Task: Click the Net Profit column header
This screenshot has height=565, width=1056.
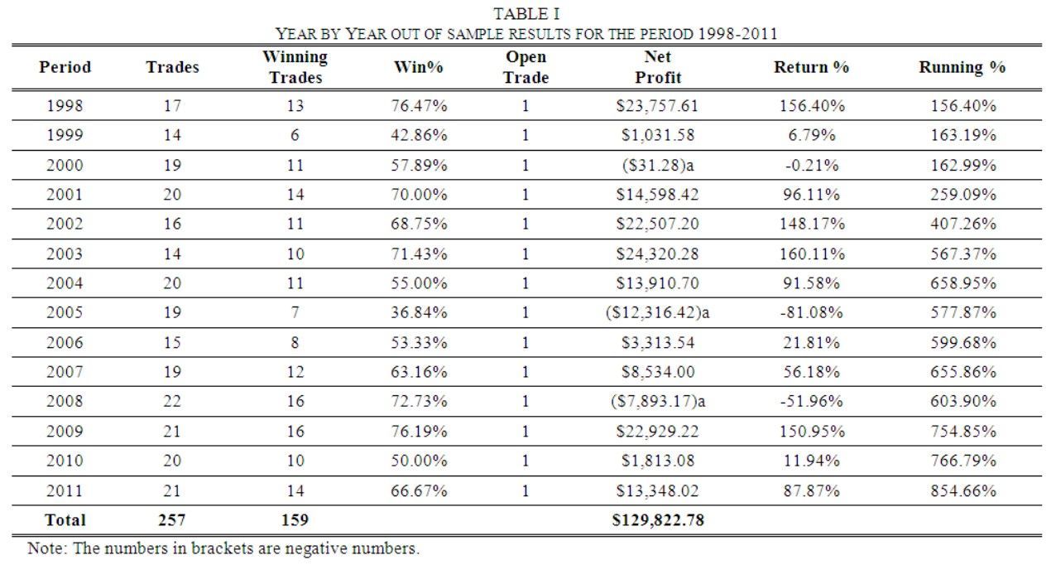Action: tap(658, 66)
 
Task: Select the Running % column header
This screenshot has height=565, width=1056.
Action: tap(962, 67)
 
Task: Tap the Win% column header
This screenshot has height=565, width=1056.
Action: tap(419, 67)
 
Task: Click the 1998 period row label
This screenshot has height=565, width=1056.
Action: tap(65, 105)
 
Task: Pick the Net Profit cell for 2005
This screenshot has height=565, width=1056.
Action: tap(658, 312)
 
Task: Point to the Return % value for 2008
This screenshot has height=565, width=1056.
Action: tap(811, 401)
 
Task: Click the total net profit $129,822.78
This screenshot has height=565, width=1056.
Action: tap(658, 520)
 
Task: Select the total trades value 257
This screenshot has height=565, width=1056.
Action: tap(172, 520)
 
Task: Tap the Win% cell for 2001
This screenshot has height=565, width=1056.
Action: tap(419, 195)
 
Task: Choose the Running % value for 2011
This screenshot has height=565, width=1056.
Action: tap(963, 491)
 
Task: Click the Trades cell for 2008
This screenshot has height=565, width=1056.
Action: tap(172, 401)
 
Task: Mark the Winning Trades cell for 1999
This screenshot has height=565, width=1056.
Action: tap(295, 136)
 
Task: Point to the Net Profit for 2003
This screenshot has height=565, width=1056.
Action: tap(658, 254)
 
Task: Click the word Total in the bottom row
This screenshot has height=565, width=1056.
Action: tap(65, 520)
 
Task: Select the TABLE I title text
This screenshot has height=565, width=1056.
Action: tap(526, 14)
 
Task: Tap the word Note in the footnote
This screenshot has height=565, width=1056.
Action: tap(46, 548)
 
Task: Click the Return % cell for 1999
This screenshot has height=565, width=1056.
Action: tap(811, 136)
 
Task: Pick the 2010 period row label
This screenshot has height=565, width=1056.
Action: tap(65, 461)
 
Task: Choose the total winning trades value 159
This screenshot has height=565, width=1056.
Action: tap(295, 520)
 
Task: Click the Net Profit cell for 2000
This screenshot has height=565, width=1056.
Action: tap(658, 165)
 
